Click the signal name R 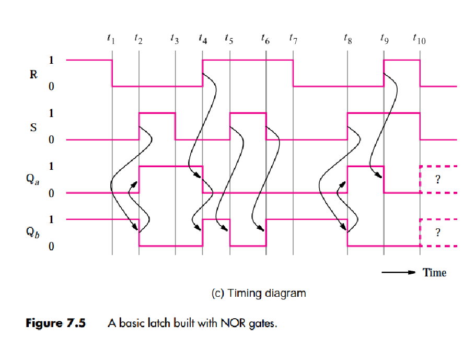tap(33, 74)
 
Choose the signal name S tap(33, 126)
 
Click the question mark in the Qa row tap(438, 179)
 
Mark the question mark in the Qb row tap(438, 233)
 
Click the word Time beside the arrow tap(434, 272)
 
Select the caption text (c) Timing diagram tap(258, 293)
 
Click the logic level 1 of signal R tap(51, 60)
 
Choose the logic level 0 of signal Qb tap(51, 246)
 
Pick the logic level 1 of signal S tap(51, 113)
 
